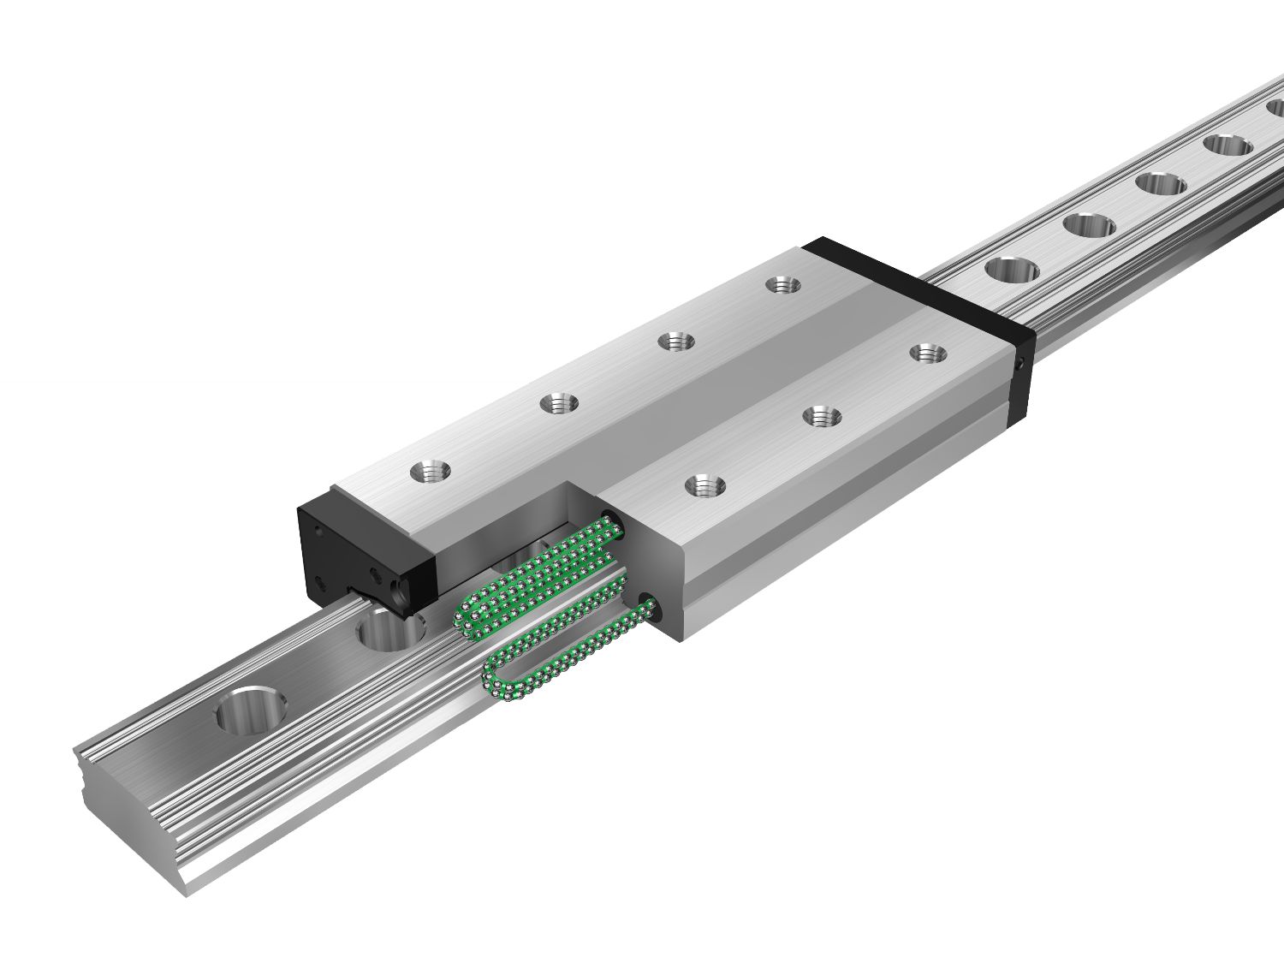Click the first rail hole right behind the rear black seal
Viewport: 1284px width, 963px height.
pyautogui.click(x=1011, y=270)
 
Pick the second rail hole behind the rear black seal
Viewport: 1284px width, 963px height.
pyautogui.click(x=1090, y=225)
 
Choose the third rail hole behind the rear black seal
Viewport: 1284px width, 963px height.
pyautogui.click(x=1161, y=183)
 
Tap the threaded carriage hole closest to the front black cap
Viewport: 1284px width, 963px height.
pyautogui.click(x=428, y=470)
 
